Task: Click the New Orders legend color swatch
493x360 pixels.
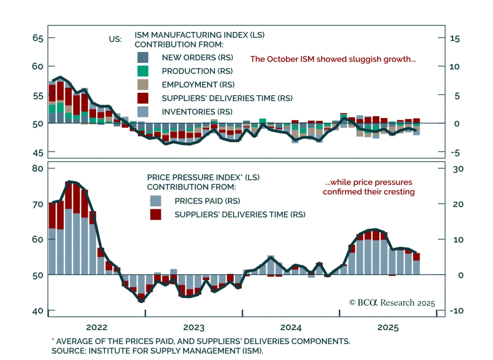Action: pyautogui.click(x=143, y=58)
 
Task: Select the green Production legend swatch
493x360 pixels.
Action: pyautogui.click(x=143, y=71)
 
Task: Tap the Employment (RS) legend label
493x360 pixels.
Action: pyautogui.click(x=198, y=85)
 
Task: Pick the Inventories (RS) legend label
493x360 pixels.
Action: pyautogui.click(x=197, y=112)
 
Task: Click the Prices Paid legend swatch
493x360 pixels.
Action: pyautogui.click(x=156, y=201)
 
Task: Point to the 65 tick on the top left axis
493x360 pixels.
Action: pyautogui.click(x=38, y=38)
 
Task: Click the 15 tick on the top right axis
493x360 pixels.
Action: pyautogui.click(x=455, y=39)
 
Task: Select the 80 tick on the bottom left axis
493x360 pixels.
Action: pyautogui.click(x=38, y=168)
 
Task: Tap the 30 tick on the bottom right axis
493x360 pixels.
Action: pyautogui.click(x=458, y=169)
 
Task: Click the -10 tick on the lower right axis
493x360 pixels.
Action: pyautogui.click(x=457, y=311)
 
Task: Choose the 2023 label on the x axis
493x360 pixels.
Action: pyautogui.click(x=194, y=327)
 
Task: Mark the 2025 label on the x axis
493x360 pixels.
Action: pyautogui.click(x=388, y=327)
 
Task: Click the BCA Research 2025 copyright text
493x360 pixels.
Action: pyautogui.click(x=392, y=303)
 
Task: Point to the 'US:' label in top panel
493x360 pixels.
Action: pyautogui.click(x=115, y=39)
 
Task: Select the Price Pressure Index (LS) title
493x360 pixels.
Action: pyautogui.click(x=203, y=177)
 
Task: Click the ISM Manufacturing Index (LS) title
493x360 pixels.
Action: pyautogui.click(x=199, y=35)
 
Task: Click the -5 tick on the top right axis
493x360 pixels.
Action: pyautogui.click(x=455, y=153)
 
